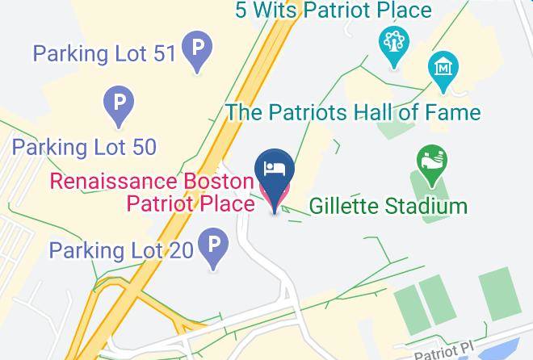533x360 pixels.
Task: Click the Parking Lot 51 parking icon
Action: coord(196,49)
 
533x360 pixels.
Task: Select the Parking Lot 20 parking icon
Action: coord(214,247)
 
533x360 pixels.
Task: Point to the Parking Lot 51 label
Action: coord(103,55)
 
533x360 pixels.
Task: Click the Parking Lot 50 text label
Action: coord(84,147)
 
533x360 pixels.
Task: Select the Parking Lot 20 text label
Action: coord(121,249)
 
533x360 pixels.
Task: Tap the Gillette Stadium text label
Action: coord(388,206)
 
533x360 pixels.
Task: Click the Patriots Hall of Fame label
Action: coord(353,111)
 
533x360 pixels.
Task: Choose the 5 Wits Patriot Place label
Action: coord(334,10)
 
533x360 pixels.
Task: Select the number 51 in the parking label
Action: coord(162,55)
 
